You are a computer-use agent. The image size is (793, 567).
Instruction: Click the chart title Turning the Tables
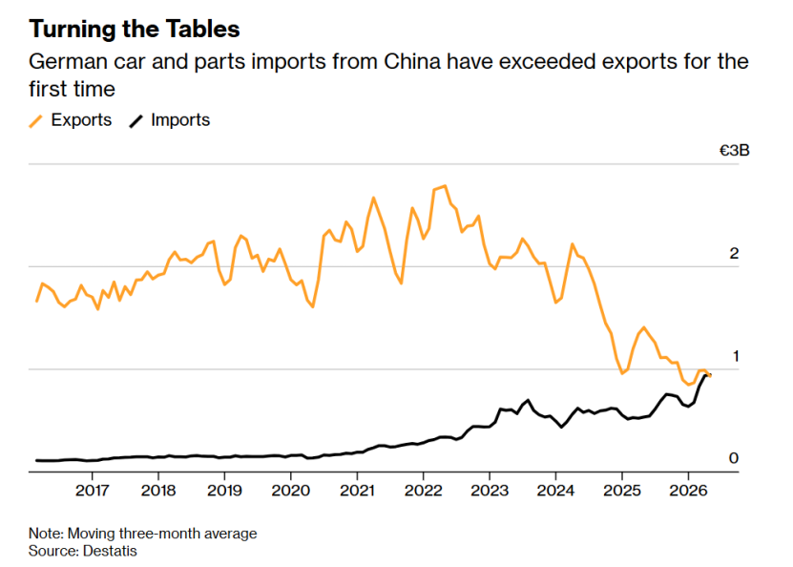point(134,29)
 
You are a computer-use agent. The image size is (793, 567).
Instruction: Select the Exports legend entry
point(71,120)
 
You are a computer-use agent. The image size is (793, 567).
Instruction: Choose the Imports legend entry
point(170,120)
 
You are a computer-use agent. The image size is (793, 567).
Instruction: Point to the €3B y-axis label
point(735,151)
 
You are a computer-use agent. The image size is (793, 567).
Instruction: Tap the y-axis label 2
point(734,253)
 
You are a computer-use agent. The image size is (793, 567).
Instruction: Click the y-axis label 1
point(736,356)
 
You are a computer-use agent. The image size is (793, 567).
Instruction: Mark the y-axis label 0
point(734,458)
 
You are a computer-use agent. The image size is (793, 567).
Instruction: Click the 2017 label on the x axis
point(92,490)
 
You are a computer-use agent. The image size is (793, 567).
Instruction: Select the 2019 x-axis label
point(224,490)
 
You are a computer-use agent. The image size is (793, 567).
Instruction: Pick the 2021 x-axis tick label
point(357,490)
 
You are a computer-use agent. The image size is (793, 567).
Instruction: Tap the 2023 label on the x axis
point(490,490)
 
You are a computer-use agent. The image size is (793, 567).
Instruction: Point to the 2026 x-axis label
point(688,490)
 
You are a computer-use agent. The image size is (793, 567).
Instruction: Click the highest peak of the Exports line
point(445,186)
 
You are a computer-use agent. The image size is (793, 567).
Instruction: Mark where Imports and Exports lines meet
point(708,375)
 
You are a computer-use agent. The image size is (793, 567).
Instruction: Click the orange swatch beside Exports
point(36,121)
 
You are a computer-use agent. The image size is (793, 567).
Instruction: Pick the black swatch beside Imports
point(136,121)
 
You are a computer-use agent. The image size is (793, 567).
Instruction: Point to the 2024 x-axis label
point(555,490)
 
